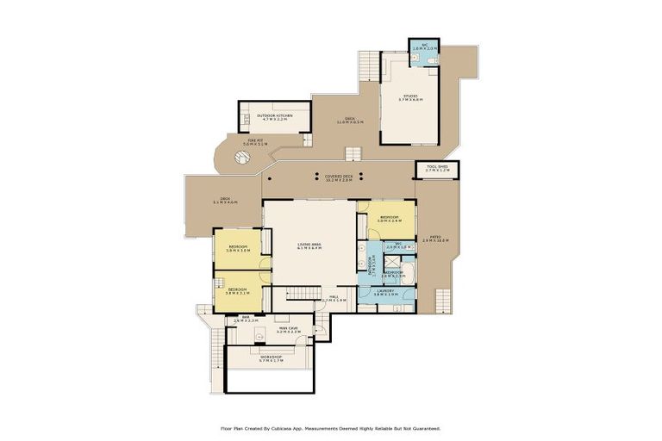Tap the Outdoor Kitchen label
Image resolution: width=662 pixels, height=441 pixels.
click(x=275, y=116)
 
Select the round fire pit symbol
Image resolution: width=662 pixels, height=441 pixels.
click(x=244, y=158)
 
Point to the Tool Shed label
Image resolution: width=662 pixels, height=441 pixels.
click(x=436, y=169)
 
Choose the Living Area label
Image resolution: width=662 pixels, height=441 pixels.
click(x=309, y=246)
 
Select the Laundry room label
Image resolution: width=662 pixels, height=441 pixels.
click(x=386, y=293)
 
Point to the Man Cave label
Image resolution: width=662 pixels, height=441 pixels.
click(x=289, y=330)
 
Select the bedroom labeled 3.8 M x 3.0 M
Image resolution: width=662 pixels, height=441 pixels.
click(x=238, y=249)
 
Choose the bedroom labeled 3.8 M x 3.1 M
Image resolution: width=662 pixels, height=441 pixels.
click(x=238, y=290)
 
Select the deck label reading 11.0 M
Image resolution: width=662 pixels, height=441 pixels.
click(x=349, y=121)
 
